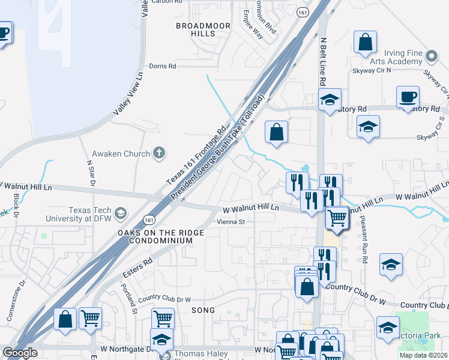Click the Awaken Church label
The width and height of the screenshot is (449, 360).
(x=120, y=154)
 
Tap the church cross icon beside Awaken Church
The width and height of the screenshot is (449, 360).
(x=159, y=153)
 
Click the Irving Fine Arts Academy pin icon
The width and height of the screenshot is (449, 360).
(x=431, y=57)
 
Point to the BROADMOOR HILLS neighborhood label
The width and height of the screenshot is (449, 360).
(x=195, y=30)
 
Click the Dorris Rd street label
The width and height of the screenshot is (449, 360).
(x=163, y=66)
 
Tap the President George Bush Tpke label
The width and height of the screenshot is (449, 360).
(x=217, y=148)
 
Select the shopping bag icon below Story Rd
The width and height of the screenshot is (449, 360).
(x=276, y=132)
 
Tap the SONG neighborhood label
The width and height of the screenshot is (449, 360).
(x=199, y=310)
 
